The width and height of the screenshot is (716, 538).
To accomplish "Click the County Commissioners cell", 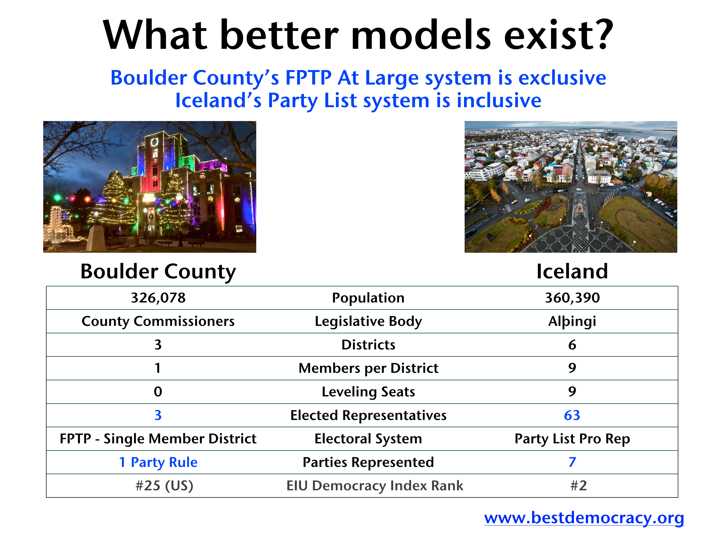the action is point(158,321).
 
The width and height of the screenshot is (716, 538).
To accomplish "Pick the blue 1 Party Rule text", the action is point(158,462).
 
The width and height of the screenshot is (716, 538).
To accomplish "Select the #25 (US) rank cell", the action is point(164,486).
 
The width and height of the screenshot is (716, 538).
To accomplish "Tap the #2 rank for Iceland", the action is point(579,486).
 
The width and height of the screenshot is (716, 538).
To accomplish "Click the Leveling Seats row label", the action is point(368,392).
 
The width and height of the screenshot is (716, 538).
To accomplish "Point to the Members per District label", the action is point(368,368).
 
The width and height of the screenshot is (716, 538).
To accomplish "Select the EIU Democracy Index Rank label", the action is point(375,486).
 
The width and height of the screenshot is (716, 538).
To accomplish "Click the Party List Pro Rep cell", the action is point(572,439).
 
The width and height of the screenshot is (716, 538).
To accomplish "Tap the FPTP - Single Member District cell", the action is point(158,439).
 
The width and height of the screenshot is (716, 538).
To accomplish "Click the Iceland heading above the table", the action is point(572,271).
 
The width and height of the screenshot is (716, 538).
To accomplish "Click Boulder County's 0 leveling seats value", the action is point(158,392).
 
